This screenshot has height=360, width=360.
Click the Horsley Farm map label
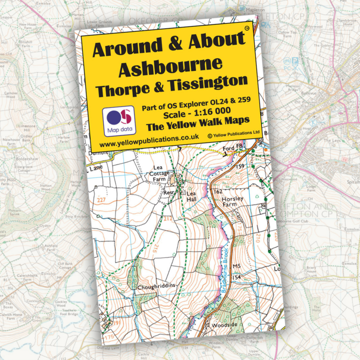point(232,201)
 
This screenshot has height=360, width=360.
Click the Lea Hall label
point(192,196)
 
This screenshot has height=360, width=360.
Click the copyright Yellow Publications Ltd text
point(233,134)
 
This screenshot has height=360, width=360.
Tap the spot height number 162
point(218,192)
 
